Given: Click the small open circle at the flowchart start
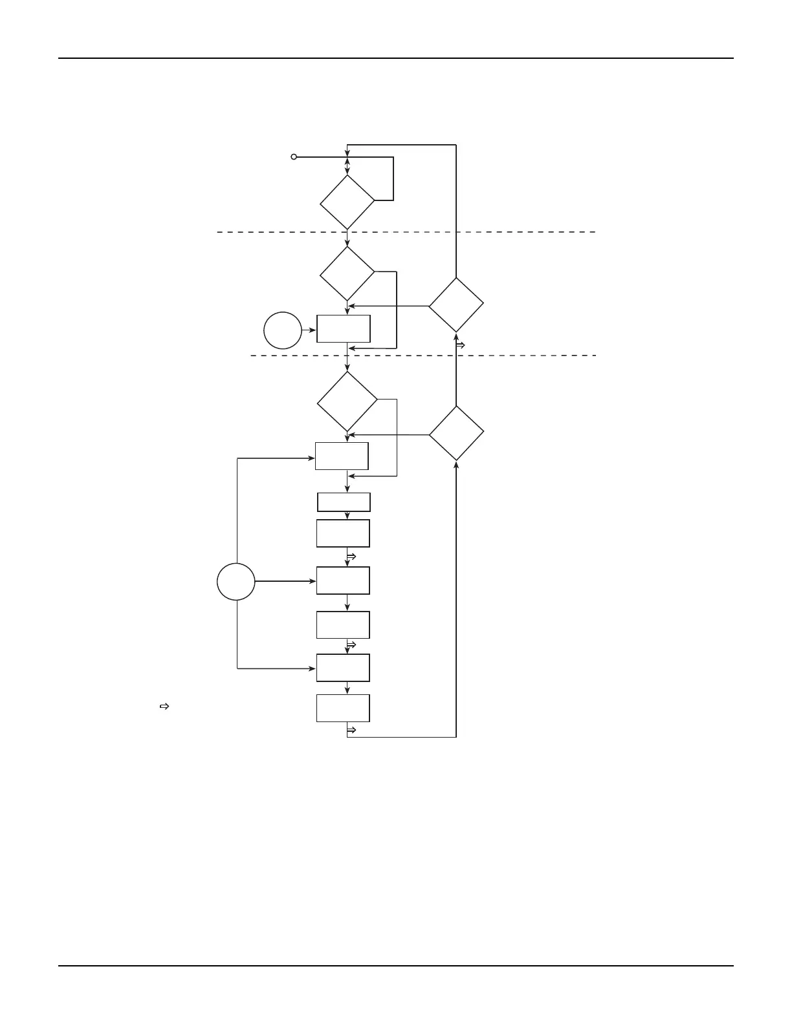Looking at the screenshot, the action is tap(294, 157).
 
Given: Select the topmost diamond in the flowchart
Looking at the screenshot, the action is tap(347, 202).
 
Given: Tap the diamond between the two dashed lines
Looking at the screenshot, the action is tap(347, 273).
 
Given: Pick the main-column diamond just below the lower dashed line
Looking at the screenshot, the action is tap(347, 401).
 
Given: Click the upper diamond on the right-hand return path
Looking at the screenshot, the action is tap(456, 305).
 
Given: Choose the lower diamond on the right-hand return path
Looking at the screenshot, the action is tap(456, 433).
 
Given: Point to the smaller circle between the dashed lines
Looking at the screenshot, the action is tap(283, 330).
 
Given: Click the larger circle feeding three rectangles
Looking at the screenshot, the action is tap(236, 581).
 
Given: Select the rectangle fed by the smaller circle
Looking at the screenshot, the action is tap(344, 329).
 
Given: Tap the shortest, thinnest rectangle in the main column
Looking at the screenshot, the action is tap(344, 502).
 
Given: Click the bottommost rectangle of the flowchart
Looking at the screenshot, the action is tap(343, 708).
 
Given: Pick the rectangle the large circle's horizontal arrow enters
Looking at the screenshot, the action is tap(343, 581).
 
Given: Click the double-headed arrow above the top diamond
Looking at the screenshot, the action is tap(347, 165).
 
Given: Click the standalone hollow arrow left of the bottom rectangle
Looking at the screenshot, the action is tap(164, 707).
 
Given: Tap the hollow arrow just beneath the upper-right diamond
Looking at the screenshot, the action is tap(461, 345).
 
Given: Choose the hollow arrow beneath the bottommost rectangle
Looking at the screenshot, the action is tap(352, 730).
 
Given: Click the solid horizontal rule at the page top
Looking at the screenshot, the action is tap(396, 58).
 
